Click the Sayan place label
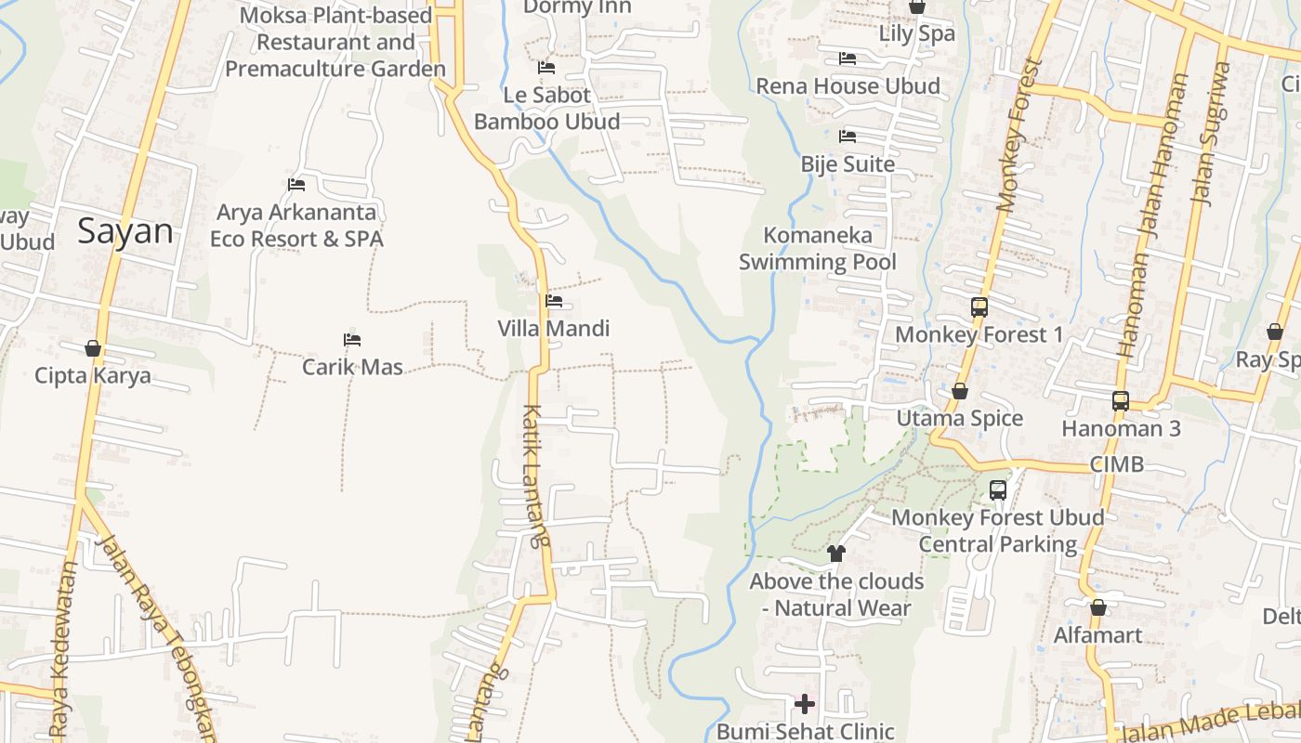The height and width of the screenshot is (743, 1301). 125,231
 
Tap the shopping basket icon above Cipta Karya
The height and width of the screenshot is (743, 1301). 93,348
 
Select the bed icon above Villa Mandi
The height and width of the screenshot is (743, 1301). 554,301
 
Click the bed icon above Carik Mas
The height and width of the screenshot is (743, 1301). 351,340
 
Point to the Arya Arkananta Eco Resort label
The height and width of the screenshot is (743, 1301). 296,226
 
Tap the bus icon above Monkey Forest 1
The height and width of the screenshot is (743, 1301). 979,306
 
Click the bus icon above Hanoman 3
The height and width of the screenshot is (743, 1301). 1121,401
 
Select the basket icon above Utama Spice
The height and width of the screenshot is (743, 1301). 960,392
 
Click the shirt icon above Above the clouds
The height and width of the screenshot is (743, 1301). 836,554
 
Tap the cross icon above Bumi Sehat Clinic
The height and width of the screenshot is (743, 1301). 805,703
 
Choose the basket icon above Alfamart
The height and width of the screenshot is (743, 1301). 1098,608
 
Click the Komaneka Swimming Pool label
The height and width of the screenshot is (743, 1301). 818,249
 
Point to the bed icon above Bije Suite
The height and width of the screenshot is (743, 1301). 848,137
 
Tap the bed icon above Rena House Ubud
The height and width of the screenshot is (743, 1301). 848,59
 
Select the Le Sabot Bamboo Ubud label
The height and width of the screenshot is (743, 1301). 547,109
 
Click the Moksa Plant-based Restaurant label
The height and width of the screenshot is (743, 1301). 335,43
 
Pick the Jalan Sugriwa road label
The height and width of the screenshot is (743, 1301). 1211,133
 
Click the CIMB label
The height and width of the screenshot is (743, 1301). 1117,464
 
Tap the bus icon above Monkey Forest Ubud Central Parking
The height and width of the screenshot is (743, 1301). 998,489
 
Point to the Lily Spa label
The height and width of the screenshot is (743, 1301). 917,34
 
